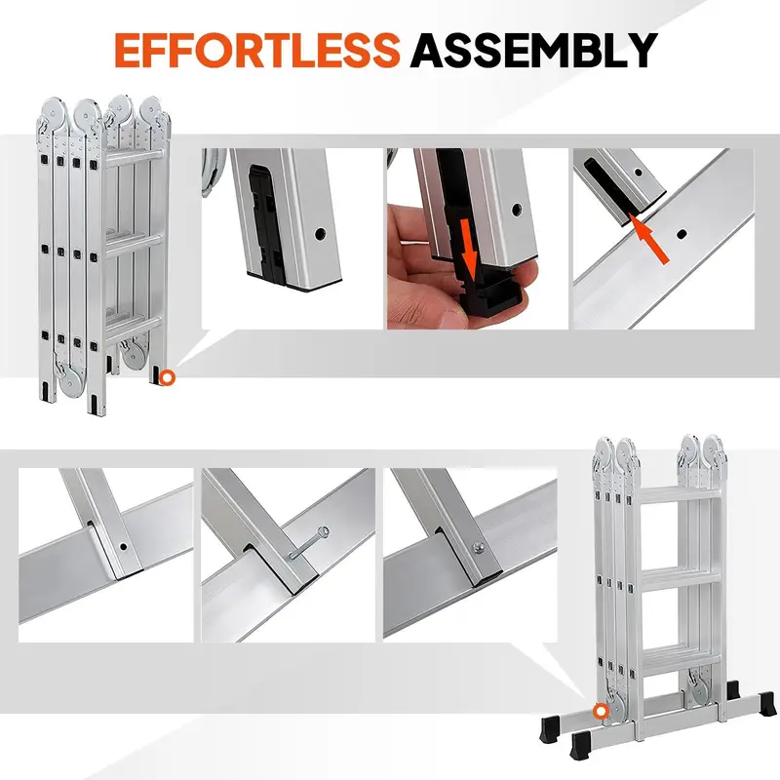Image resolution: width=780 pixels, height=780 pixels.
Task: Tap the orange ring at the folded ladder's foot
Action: click(167, 376)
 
